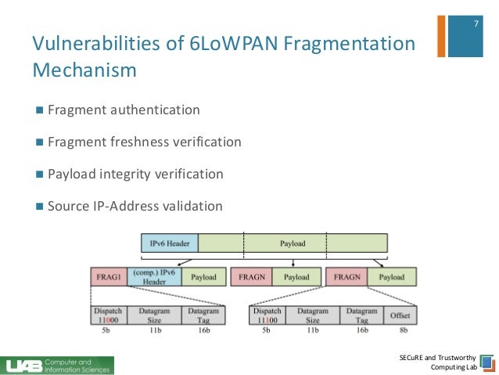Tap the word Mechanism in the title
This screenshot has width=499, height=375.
click(x=84, y=71)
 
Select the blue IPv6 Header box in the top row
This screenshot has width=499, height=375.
click(x=170, y=243)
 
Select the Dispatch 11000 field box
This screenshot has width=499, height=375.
click(x=108, y=316)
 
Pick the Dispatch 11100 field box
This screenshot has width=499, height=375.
click(x=267, y=316)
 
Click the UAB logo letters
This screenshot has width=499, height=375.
click(x=23, y=366)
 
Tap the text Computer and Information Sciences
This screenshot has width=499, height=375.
click(x=77, y=366)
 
